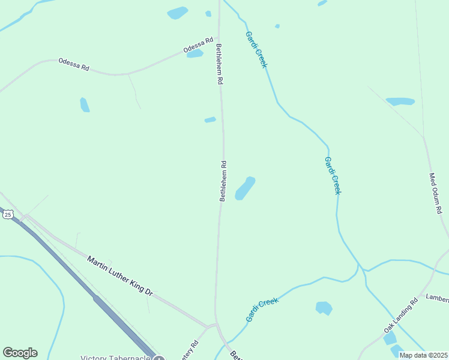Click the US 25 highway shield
tap(7, 214)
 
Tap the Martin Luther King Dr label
tap(120, 275)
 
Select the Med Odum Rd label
tap(435, 194)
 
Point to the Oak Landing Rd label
tap(400, 317)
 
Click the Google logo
tap(20, 353)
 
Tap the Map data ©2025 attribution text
tap(424, 355)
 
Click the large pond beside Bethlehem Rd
tap(245, 188)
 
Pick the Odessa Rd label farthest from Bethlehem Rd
tap(73, 65)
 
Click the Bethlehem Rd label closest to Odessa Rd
tap(220, 64)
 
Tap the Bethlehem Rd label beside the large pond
tap(223, 181)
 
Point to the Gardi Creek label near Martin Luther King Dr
tap(262, 310)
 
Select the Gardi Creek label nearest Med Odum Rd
tap(333, 175)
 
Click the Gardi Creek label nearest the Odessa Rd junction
tap(255, 50)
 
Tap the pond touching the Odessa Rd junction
tap(194, 53)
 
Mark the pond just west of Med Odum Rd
tap(400, 101)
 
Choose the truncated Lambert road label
tap(437, 298)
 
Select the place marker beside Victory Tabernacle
tap(158, 358)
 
